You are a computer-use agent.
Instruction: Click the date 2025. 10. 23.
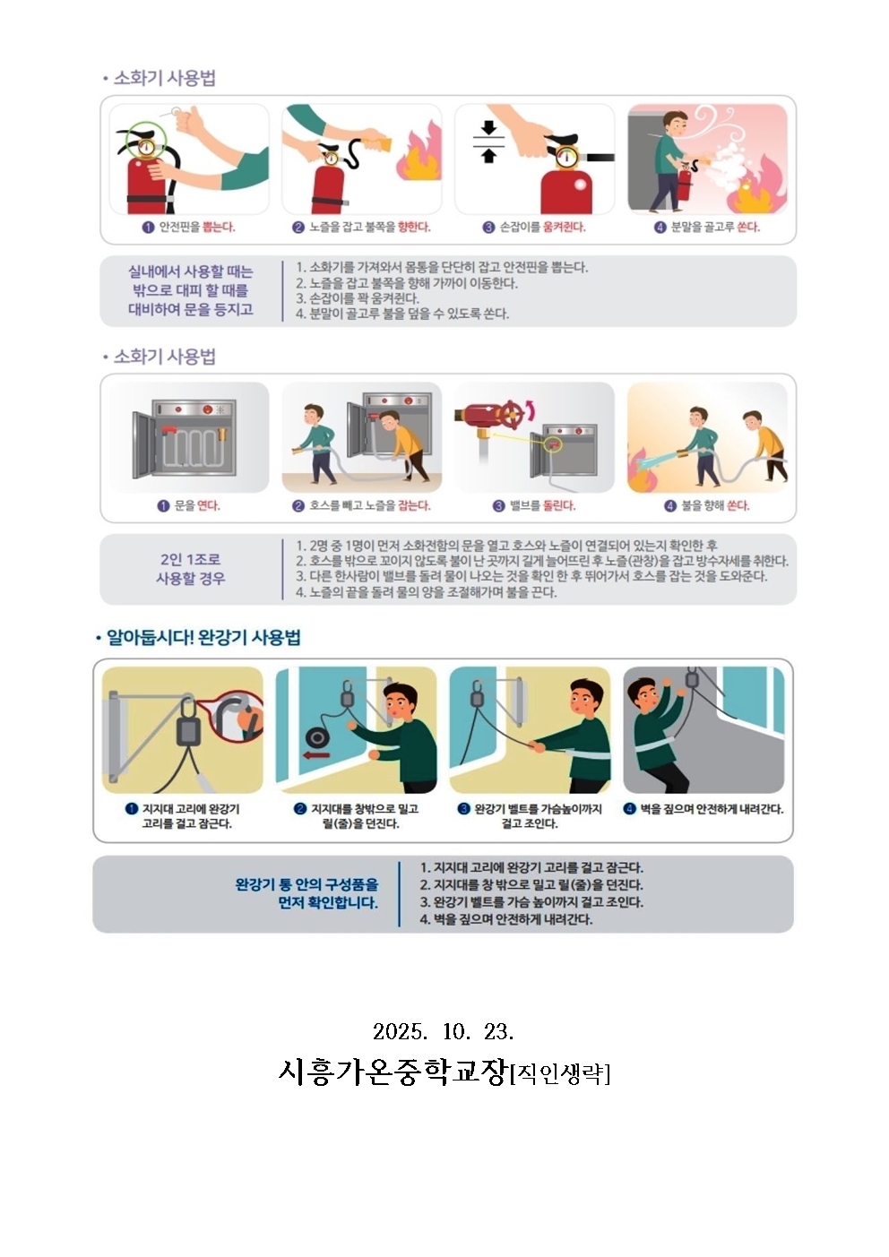click(444, 1031)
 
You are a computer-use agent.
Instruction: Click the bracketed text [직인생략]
click(560, 1074)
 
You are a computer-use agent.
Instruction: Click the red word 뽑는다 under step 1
click(219, 227)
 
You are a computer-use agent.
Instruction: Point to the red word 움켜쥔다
click(564, 227)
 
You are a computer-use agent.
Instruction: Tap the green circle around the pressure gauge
click(146, 141)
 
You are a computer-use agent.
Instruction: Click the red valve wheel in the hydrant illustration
click(510, 415)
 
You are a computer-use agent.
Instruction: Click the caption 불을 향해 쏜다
click(715, 505)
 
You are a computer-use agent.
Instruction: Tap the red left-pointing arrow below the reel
click(316, 755)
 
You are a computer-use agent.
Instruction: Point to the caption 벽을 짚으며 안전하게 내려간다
click(711, 809)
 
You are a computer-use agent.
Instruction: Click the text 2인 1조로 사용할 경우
click(190, 568)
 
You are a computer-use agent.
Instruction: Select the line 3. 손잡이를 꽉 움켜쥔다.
click(357, 298)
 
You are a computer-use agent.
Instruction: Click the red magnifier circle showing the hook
click(236, 717)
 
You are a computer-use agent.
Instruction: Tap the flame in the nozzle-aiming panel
click(419, 156)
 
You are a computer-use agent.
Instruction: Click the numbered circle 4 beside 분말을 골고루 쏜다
click(660, 228)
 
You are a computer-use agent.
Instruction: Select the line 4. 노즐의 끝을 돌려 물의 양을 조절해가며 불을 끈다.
click(426, 592)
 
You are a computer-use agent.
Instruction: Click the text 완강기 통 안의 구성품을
click(306, 885)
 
